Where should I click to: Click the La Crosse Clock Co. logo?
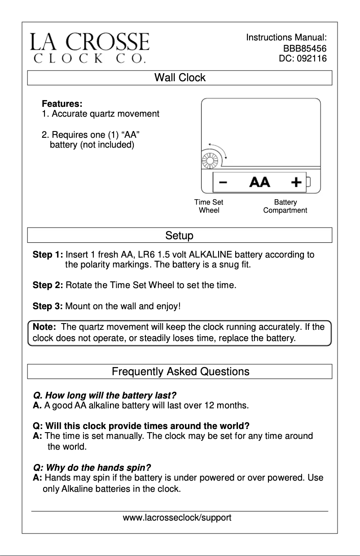point(90,48)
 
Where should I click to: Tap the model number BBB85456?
point(304,48)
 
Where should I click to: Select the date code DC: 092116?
point(303,58)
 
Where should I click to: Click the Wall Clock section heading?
point(180,78)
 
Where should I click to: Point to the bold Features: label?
point(62,104)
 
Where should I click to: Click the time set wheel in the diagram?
point(210,159)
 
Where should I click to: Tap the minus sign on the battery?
point(223,182)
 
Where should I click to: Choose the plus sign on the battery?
point(296,182)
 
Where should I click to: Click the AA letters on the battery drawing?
point(259,182)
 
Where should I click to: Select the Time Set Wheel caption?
point(209,206)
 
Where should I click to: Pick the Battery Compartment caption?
point(285,206)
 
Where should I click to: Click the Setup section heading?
point(180,236)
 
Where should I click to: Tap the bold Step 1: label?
point(48,255)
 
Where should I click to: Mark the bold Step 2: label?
point(48,285)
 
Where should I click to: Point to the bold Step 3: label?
point(48,307)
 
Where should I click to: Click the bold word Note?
point(44,327)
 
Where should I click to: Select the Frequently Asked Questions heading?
point(180,372)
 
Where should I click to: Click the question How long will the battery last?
point(105,396)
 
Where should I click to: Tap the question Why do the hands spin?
point(92,467)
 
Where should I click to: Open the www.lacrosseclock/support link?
point(177,518)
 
